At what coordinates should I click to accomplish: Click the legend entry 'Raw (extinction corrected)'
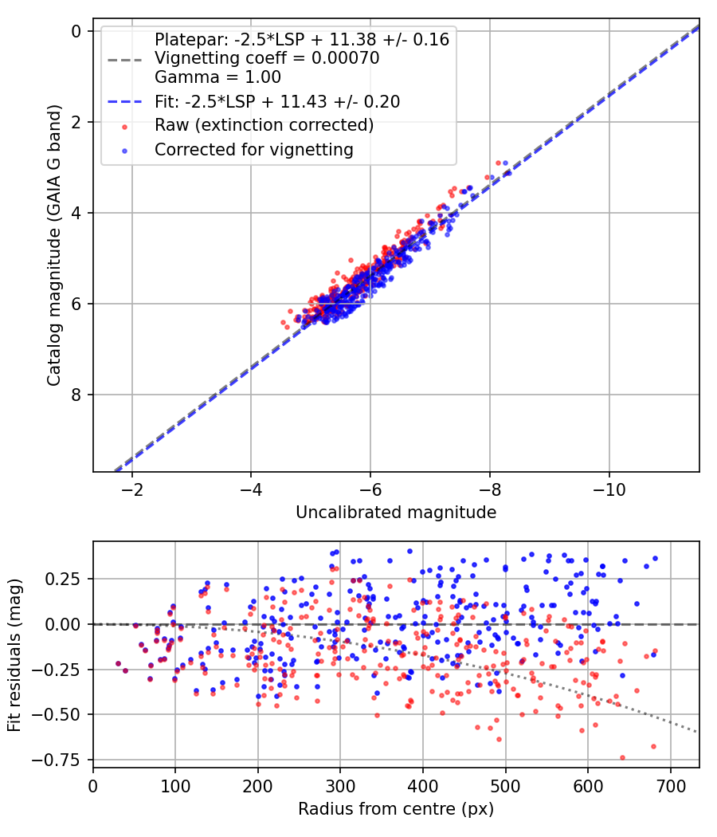264,125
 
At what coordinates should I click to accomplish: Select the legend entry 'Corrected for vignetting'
253,149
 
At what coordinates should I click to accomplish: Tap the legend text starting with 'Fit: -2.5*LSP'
277,101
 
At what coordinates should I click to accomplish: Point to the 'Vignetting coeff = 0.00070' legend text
267,58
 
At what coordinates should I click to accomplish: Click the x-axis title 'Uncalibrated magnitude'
396,513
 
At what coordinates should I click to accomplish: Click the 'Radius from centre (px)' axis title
396,809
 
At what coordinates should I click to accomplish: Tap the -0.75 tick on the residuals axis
61,760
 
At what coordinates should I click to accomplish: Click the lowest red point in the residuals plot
622,757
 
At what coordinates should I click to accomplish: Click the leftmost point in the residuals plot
118,663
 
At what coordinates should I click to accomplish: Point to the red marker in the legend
124,126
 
